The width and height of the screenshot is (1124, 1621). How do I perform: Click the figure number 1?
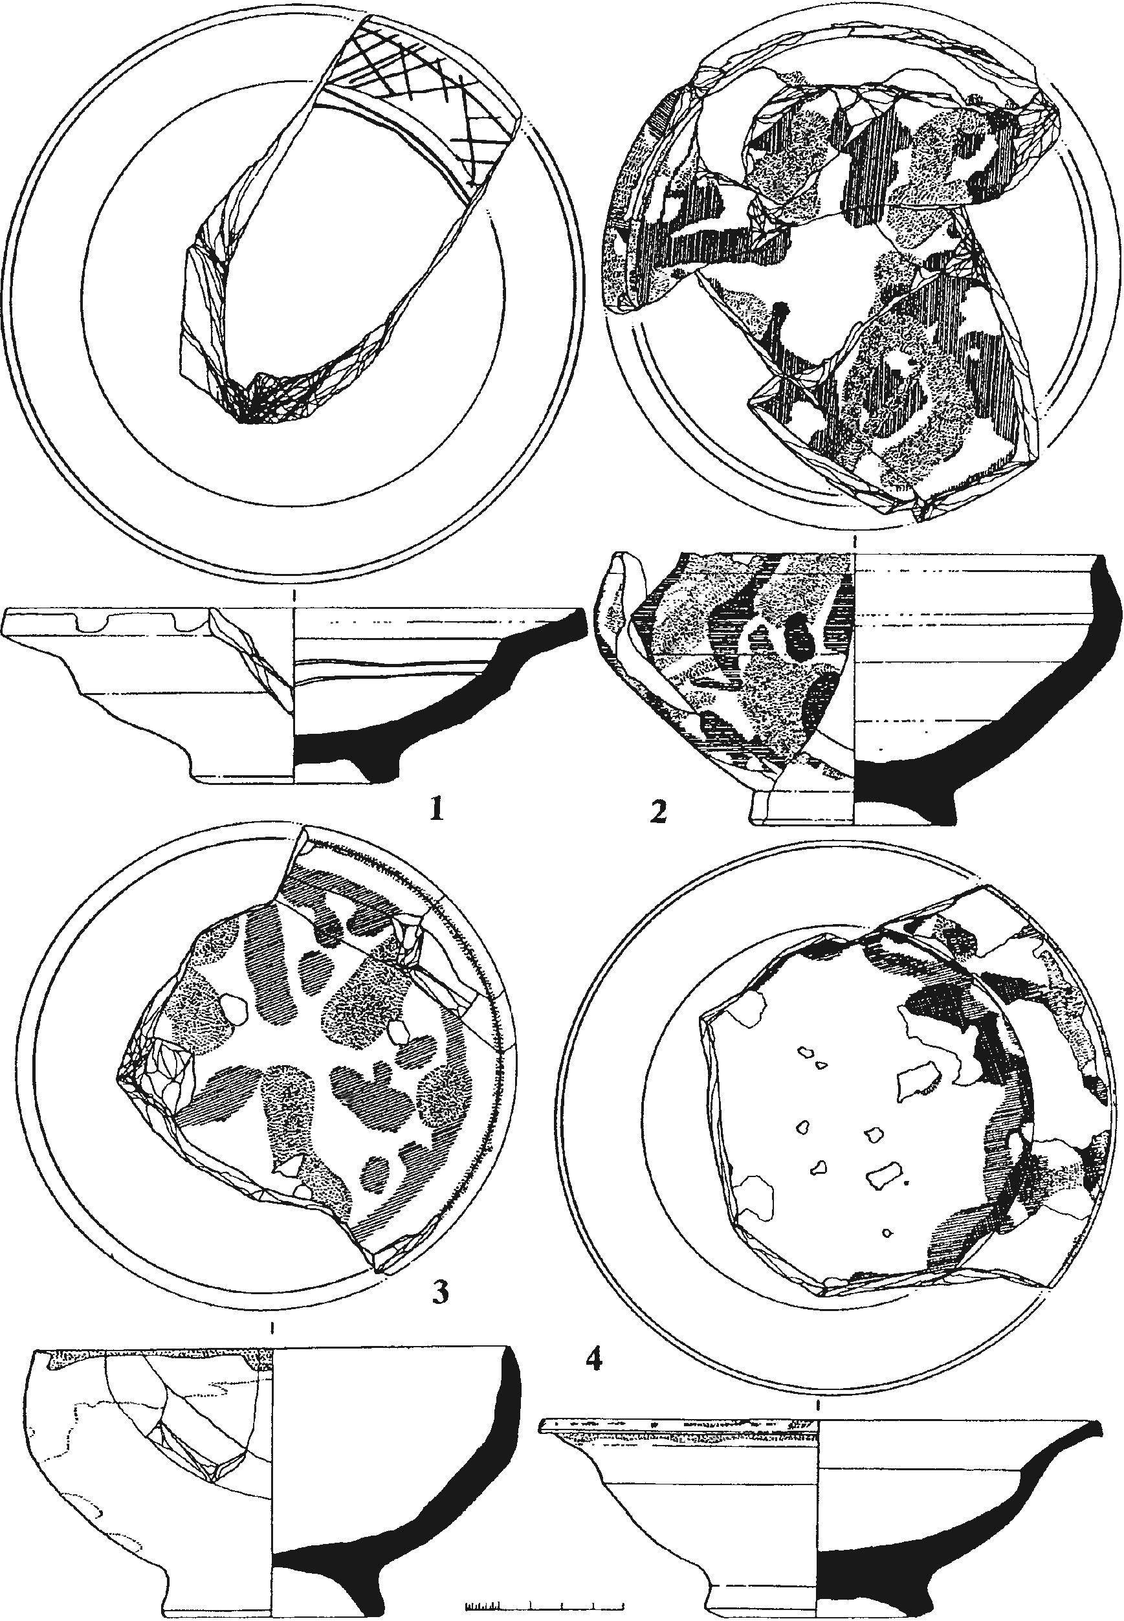(437, 811)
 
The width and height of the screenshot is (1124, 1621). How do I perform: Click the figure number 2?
(659, 813)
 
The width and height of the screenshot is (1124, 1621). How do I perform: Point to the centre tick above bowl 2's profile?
(854, 542)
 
